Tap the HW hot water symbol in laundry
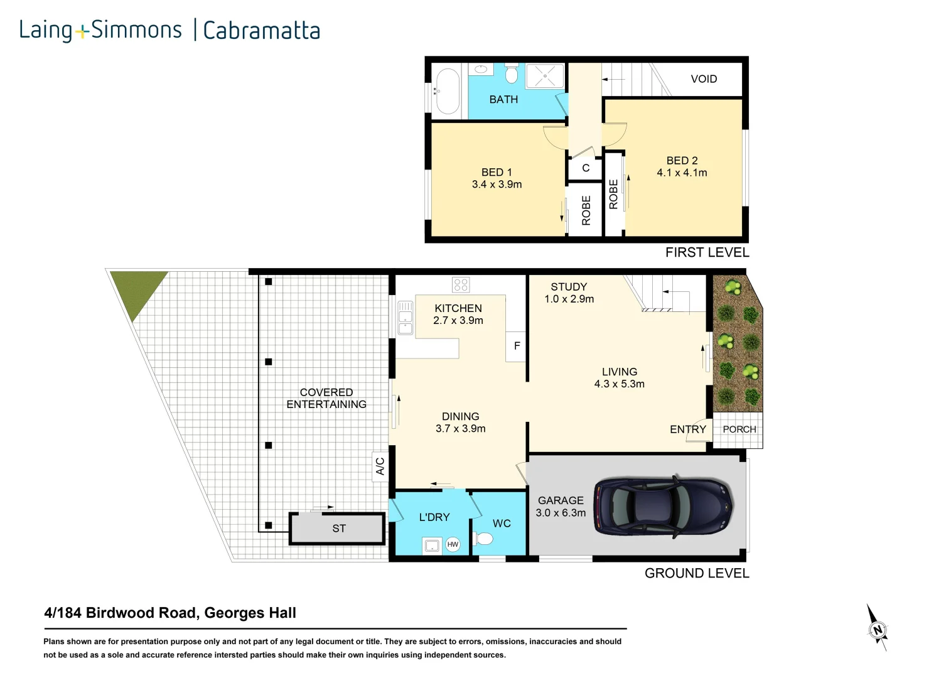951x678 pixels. coord(453,544)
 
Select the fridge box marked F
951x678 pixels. coord(517,346)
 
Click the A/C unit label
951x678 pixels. coord(380,466)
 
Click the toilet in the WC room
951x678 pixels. coord(483,539)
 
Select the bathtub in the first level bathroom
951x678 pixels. coord(448,91)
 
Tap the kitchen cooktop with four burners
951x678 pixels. coord(461,285)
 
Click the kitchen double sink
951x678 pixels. coord(405,317)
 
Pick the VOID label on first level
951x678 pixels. coord(703,79)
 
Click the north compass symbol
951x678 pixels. coord(877,629)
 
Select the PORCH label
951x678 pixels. coord(739,429)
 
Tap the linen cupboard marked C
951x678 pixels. coord(585,168)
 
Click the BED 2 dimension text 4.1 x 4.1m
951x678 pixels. coord(682,173)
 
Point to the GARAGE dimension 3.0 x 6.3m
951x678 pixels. coord(561,513)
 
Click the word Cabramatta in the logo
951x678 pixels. coord(261,30)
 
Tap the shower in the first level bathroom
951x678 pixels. coord(544,77)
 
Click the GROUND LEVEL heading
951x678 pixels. coord(696,573)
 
